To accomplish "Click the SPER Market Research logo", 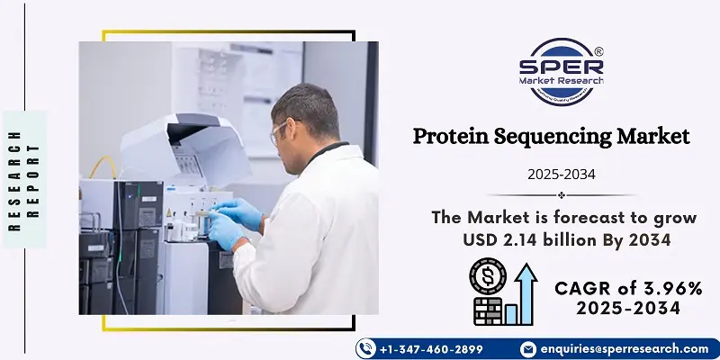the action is click(x=561, y=72).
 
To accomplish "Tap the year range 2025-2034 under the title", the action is click(x=561, y=175).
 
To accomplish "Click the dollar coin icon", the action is click(x=488, y=275).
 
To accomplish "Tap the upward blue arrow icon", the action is click(x=526, y=294).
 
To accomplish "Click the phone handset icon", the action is click(x=366, y=349).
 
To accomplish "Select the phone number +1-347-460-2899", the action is click(x=431, y=349).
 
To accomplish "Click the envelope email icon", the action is click(x=528, y=349).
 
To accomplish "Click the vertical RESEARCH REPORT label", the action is click(x=25, y=180).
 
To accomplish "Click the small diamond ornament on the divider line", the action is click(x=561, y=195).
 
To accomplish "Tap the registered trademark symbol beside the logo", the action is click(x=598, y=52).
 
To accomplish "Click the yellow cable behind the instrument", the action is click(x=103, y=166).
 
